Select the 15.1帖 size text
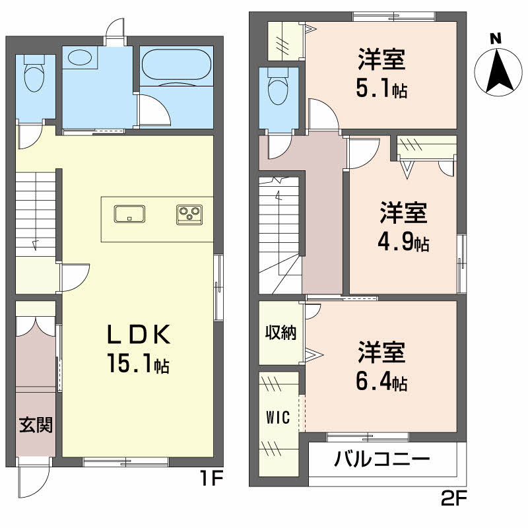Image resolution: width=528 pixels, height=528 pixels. point(139,362)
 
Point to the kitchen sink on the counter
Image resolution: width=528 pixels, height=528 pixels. point(130,214)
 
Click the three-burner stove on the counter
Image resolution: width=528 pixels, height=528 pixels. point(191,214)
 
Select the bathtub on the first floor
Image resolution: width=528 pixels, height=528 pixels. point(176,65)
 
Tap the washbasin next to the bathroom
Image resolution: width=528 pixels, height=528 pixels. point(81,57)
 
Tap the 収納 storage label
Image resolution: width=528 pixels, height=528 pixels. point(280,332)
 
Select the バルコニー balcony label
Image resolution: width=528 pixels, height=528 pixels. point(382,459)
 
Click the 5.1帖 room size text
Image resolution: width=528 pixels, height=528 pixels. point(381,89)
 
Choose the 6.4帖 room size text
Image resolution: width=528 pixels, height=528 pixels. point(381,381)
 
